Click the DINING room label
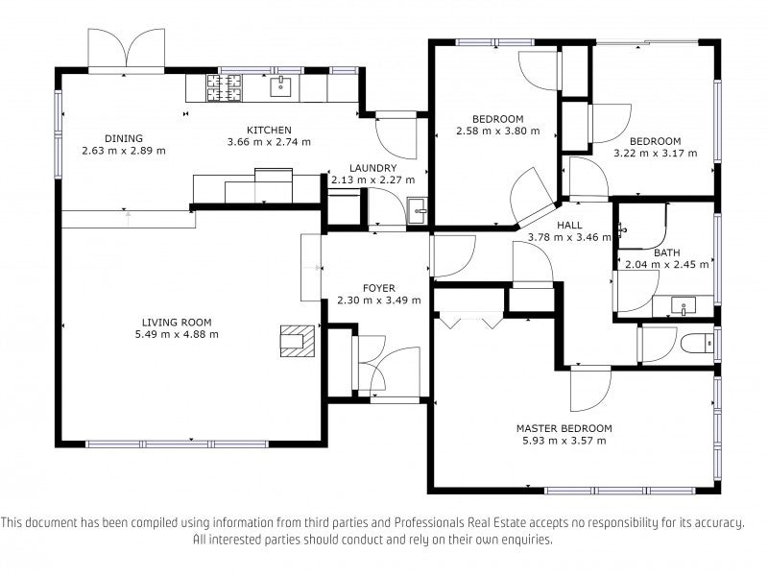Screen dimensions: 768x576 coord(124,138)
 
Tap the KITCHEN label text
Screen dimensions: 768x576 coord(269,131)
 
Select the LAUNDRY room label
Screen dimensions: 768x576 coord(372,168)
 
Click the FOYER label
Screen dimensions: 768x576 coord(378,288)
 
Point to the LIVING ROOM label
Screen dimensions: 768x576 coord(177,323)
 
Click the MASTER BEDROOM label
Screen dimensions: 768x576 coord(564,428)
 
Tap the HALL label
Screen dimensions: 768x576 coord(569,226)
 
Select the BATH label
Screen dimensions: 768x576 coord(667,252)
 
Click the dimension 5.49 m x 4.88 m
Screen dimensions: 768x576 coord(177,334)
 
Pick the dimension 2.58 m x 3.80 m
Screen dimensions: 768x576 coord(498,131)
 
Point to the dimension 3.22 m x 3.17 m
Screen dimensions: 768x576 coord(656,154)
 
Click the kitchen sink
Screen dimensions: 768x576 coord(281,86)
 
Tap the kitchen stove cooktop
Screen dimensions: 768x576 coord(225,87)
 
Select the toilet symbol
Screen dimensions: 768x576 coord(698,343)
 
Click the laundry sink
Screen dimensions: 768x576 coord(418,210)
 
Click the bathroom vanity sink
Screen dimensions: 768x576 coord(684,305)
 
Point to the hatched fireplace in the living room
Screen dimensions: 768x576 coord(297,341)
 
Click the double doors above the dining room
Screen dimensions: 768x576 coord(127,48)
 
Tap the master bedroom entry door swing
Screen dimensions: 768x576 coord(590,389)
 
